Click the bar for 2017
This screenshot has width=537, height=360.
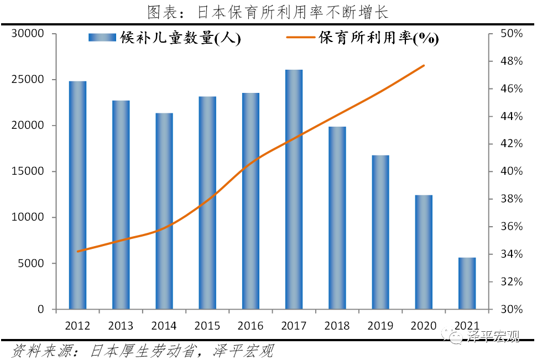click(294, 189)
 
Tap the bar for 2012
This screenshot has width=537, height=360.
click(77, 195)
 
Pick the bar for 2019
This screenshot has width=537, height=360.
click(380, 232)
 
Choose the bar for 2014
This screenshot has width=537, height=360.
click(164, 211)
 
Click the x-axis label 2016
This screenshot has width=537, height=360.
click(251, 325)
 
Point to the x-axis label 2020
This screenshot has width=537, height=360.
click(424, 325)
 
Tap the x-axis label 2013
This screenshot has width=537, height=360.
click(121, 325)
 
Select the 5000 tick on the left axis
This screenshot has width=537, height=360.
click(33, 264)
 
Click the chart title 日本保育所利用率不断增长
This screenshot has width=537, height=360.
click(268, 12)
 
